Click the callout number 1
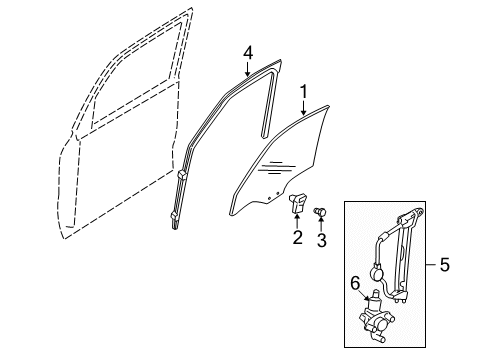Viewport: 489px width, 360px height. pos(303,92)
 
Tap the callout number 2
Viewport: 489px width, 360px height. pos(297,237)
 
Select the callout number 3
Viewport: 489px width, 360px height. pos(321,240)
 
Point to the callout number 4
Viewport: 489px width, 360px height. pos(248,53)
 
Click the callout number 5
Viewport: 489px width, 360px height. pos(445,265)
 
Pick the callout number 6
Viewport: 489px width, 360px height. pos(355,284)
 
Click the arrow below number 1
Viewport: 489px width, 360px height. pos(303,108)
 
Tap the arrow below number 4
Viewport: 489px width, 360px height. pos(247,69)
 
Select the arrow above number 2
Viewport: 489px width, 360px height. pos(297,220)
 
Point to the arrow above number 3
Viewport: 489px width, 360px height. pos(321,223)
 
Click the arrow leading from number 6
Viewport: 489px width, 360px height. pos(364,295)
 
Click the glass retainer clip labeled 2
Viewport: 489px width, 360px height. pos(297,203)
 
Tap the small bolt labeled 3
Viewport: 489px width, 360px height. pos(320,211)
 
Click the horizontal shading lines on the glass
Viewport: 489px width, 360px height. pos(276,168)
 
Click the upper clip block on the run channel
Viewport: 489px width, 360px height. pos(183,174)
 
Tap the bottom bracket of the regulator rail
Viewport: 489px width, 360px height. pos(400,296)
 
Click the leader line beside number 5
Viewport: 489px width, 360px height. pos(431,265)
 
